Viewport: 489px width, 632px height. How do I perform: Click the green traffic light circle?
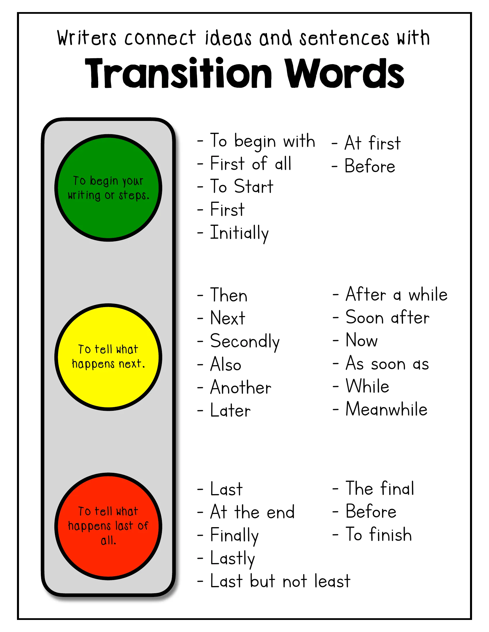click(x=108, y=188)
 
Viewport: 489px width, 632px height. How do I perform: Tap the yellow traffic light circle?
click(x=108, y=357)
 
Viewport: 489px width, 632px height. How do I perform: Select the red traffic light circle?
click(x=108, y=526)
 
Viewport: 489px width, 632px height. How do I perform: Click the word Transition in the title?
click(x=178, y=73)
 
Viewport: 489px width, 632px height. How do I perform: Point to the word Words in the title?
click(x=344, y=73)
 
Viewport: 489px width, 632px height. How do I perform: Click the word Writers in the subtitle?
click(x=87, y=38)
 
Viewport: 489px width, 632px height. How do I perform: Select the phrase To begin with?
click(x=262, y=141)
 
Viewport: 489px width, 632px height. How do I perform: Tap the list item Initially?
click(x=239, y=233)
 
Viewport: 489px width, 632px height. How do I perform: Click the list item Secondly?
click(x=245, y=342)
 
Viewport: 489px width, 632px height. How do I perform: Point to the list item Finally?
click(x=234, y=535)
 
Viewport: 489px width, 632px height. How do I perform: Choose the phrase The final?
click(x=380, y=488)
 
